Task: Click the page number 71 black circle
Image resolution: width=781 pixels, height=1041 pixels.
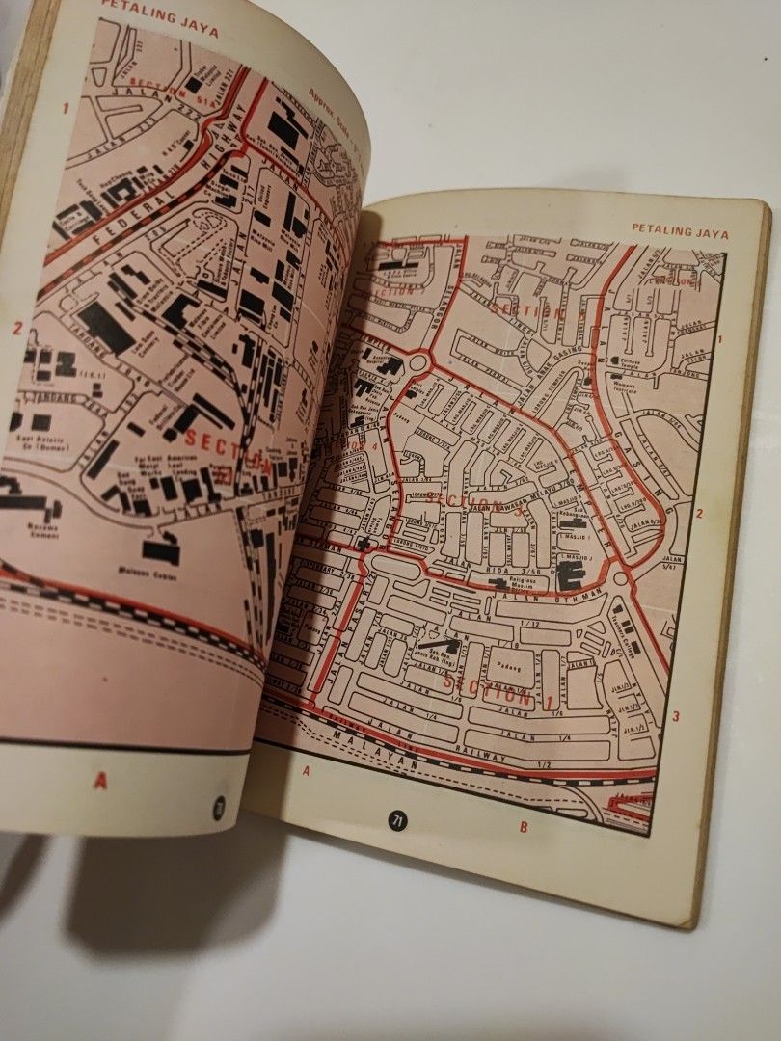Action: point(396,821)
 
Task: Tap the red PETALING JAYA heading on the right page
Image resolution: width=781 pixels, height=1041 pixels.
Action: point(681,231)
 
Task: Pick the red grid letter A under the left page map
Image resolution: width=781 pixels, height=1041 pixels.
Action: point(100,781)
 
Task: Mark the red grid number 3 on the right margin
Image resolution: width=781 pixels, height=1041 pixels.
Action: point(676,715)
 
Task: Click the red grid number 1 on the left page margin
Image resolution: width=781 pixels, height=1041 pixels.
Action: point(67,108)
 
